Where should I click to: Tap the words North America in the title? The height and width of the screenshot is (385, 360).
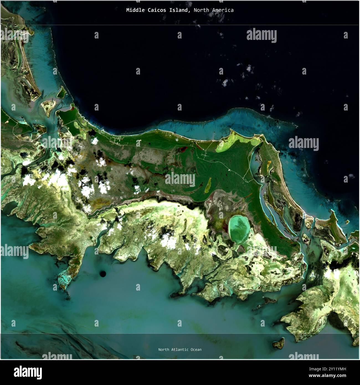(214, 10)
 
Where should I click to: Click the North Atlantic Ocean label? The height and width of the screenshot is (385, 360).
(180, 350)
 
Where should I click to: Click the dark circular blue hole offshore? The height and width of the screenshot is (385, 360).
(103, 274)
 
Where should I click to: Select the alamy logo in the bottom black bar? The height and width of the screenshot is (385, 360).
(28, 372)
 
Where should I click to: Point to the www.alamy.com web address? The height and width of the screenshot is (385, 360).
(329, 376)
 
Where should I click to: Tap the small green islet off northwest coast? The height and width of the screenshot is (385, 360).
(61, 92)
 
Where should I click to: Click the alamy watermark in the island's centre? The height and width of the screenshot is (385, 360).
(180, 179)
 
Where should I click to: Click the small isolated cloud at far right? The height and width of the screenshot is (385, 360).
(351, 176)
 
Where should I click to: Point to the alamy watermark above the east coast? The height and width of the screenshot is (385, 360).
(304, 143)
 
